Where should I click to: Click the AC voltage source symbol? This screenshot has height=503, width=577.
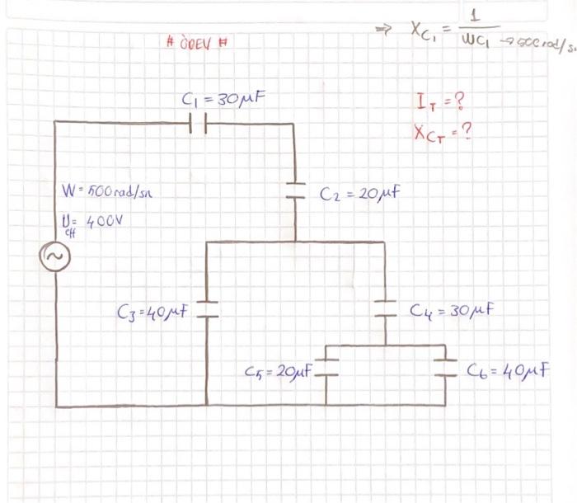click(56, 259)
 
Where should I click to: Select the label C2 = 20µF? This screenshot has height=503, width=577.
click(361, 195)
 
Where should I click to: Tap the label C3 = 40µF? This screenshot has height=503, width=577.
click(154, 313)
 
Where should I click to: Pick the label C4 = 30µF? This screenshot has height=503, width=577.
click(452, 312)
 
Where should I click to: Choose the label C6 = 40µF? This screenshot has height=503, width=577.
click(508, 369)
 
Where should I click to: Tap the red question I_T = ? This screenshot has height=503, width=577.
click(441, 103)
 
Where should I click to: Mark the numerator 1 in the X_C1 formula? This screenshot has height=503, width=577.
click(477, 16)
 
